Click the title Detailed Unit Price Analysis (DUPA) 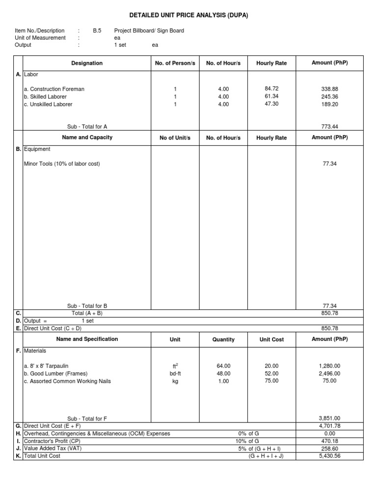pos(188,15)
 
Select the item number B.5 pos(97,30)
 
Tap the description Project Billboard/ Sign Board pos(149,30)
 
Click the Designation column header pos(87,63)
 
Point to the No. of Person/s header pos(175,63)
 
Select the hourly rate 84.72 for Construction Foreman pos(271,89)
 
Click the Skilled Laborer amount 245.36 pos(329,97)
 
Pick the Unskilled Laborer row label pos(48,104)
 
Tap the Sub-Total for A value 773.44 pos(329,126)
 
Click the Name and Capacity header pos(87,138)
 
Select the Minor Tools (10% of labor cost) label pos(62,164)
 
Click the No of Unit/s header pos(175,138)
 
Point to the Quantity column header pos(223,339)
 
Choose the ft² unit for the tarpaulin pos(175,366)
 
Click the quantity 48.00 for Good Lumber pos(223,373)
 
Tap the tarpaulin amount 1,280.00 pos(329,366)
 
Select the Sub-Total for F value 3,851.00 pos(329,419)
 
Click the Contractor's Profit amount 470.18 pos(329,441)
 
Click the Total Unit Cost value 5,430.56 pos(329,456)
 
